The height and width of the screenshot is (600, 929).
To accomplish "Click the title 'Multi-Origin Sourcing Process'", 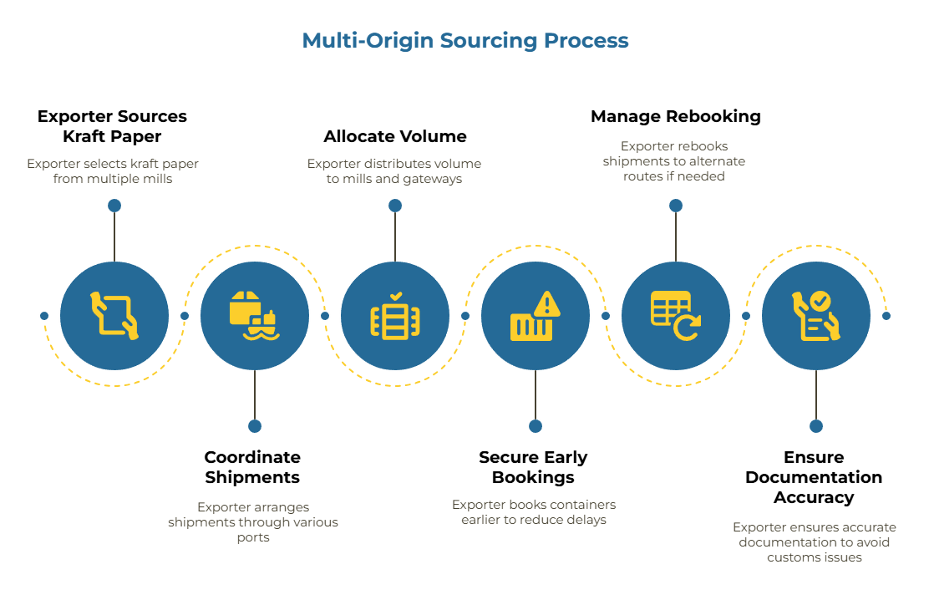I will click(465, 40).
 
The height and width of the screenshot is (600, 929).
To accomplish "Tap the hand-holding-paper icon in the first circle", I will click(114, 315).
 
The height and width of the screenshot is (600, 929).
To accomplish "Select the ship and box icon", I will click(254, 315).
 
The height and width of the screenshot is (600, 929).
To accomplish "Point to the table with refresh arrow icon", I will click(675, 315).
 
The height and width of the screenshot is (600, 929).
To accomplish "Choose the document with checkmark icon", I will click(815, 315).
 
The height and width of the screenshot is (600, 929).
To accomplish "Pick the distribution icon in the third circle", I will click(395, 315).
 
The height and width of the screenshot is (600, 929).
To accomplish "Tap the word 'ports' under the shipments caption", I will click(253, 537).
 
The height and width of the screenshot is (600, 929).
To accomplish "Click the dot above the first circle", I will click(114, 206).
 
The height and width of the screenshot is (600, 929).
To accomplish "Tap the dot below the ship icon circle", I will click(255, 426).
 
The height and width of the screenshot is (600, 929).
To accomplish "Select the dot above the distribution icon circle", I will click(395, 206).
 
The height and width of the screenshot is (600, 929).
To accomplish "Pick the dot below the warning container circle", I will click(536, 426).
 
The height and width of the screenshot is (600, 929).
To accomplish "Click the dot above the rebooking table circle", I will click(676, 206).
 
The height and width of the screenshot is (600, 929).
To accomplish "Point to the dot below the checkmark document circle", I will click(816, 426).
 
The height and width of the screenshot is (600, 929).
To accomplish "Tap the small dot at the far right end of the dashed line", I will click(886, 315).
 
